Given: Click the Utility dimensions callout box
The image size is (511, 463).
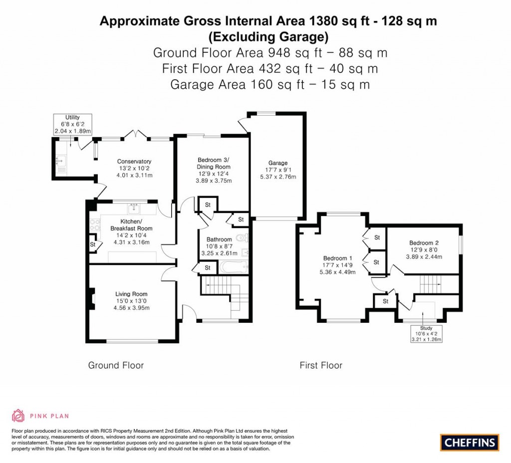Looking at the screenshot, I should pos(73,124).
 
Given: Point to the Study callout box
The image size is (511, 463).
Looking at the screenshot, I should pos(426,334).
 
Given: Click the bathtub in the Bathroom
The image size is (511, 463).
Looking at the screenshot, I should pos(234,268).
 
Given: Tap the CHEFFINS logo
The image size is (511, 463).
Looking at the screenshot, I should pos(469,442).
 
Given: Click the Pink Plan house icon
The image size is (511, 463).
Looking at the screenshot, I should pos(18,415).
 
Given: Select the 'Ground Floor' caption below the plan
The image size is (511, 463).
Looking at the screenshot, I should pos(116,365).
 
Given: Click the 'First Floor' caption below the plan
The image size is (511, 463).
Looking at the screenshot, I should pos(321,365).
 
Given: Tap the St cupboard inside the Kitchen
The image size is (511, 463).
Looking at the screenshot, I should pos(93,244).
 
